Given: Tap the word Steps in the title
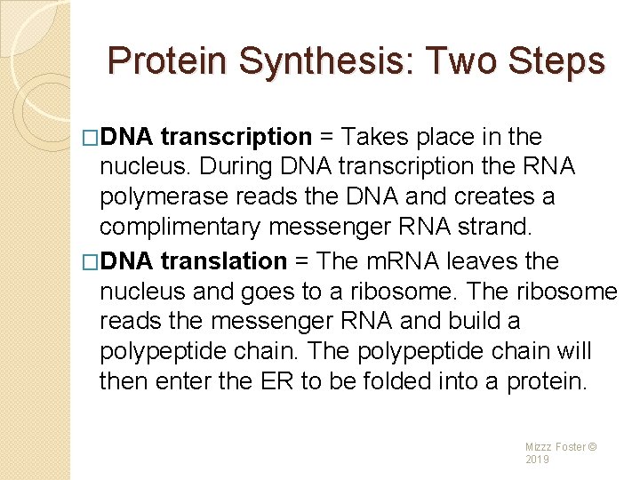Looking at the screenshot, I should pyautogui.click(x=555, y=61).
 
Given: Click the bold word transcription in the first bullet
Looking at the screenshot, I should pyautogui.click(x=236, y=137).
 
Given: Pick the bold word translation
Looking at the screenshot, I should pyautogui.click(x=223, y=261).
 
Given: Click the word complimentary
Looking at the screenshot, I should pyautogui.click(x=180, y=228).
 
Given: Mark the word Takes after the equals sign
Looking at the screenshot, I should pyautogui.click(x=377, y=137).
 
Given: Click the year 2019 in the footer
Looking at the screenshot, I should pyautogui.click(x=538, y=460).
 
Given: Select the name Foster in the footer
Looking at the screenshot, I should pyautogui.click(x=570, y=446).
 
